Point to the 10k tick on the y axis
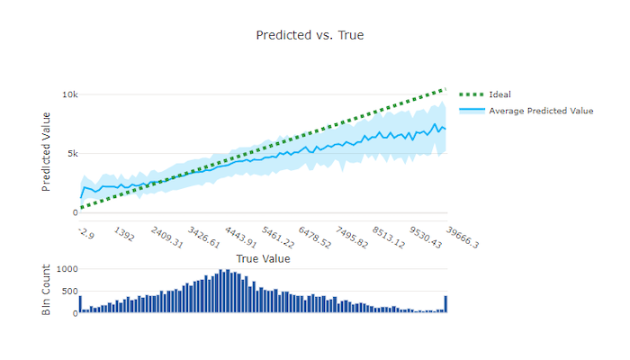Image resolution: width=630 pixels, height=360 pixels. (69, 94)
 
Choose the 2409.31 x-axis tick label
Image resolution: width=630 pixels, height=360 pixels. (166, 239)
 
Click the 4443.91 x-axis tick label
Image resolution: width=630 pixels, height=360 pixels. (240, 239)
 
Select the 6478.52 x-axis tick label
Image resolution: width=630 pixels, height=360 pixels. (314, 239)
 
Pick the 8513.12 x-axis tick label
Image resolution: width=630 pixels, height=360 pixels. (388, 239)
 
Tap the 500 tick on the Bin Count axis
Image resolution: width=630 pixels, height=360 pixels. (68, 292)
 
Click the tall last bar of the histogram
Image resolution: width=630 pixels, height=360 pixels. (445, 305)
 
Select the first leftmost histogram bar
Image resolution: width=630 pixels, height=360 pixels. (80, 305)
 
